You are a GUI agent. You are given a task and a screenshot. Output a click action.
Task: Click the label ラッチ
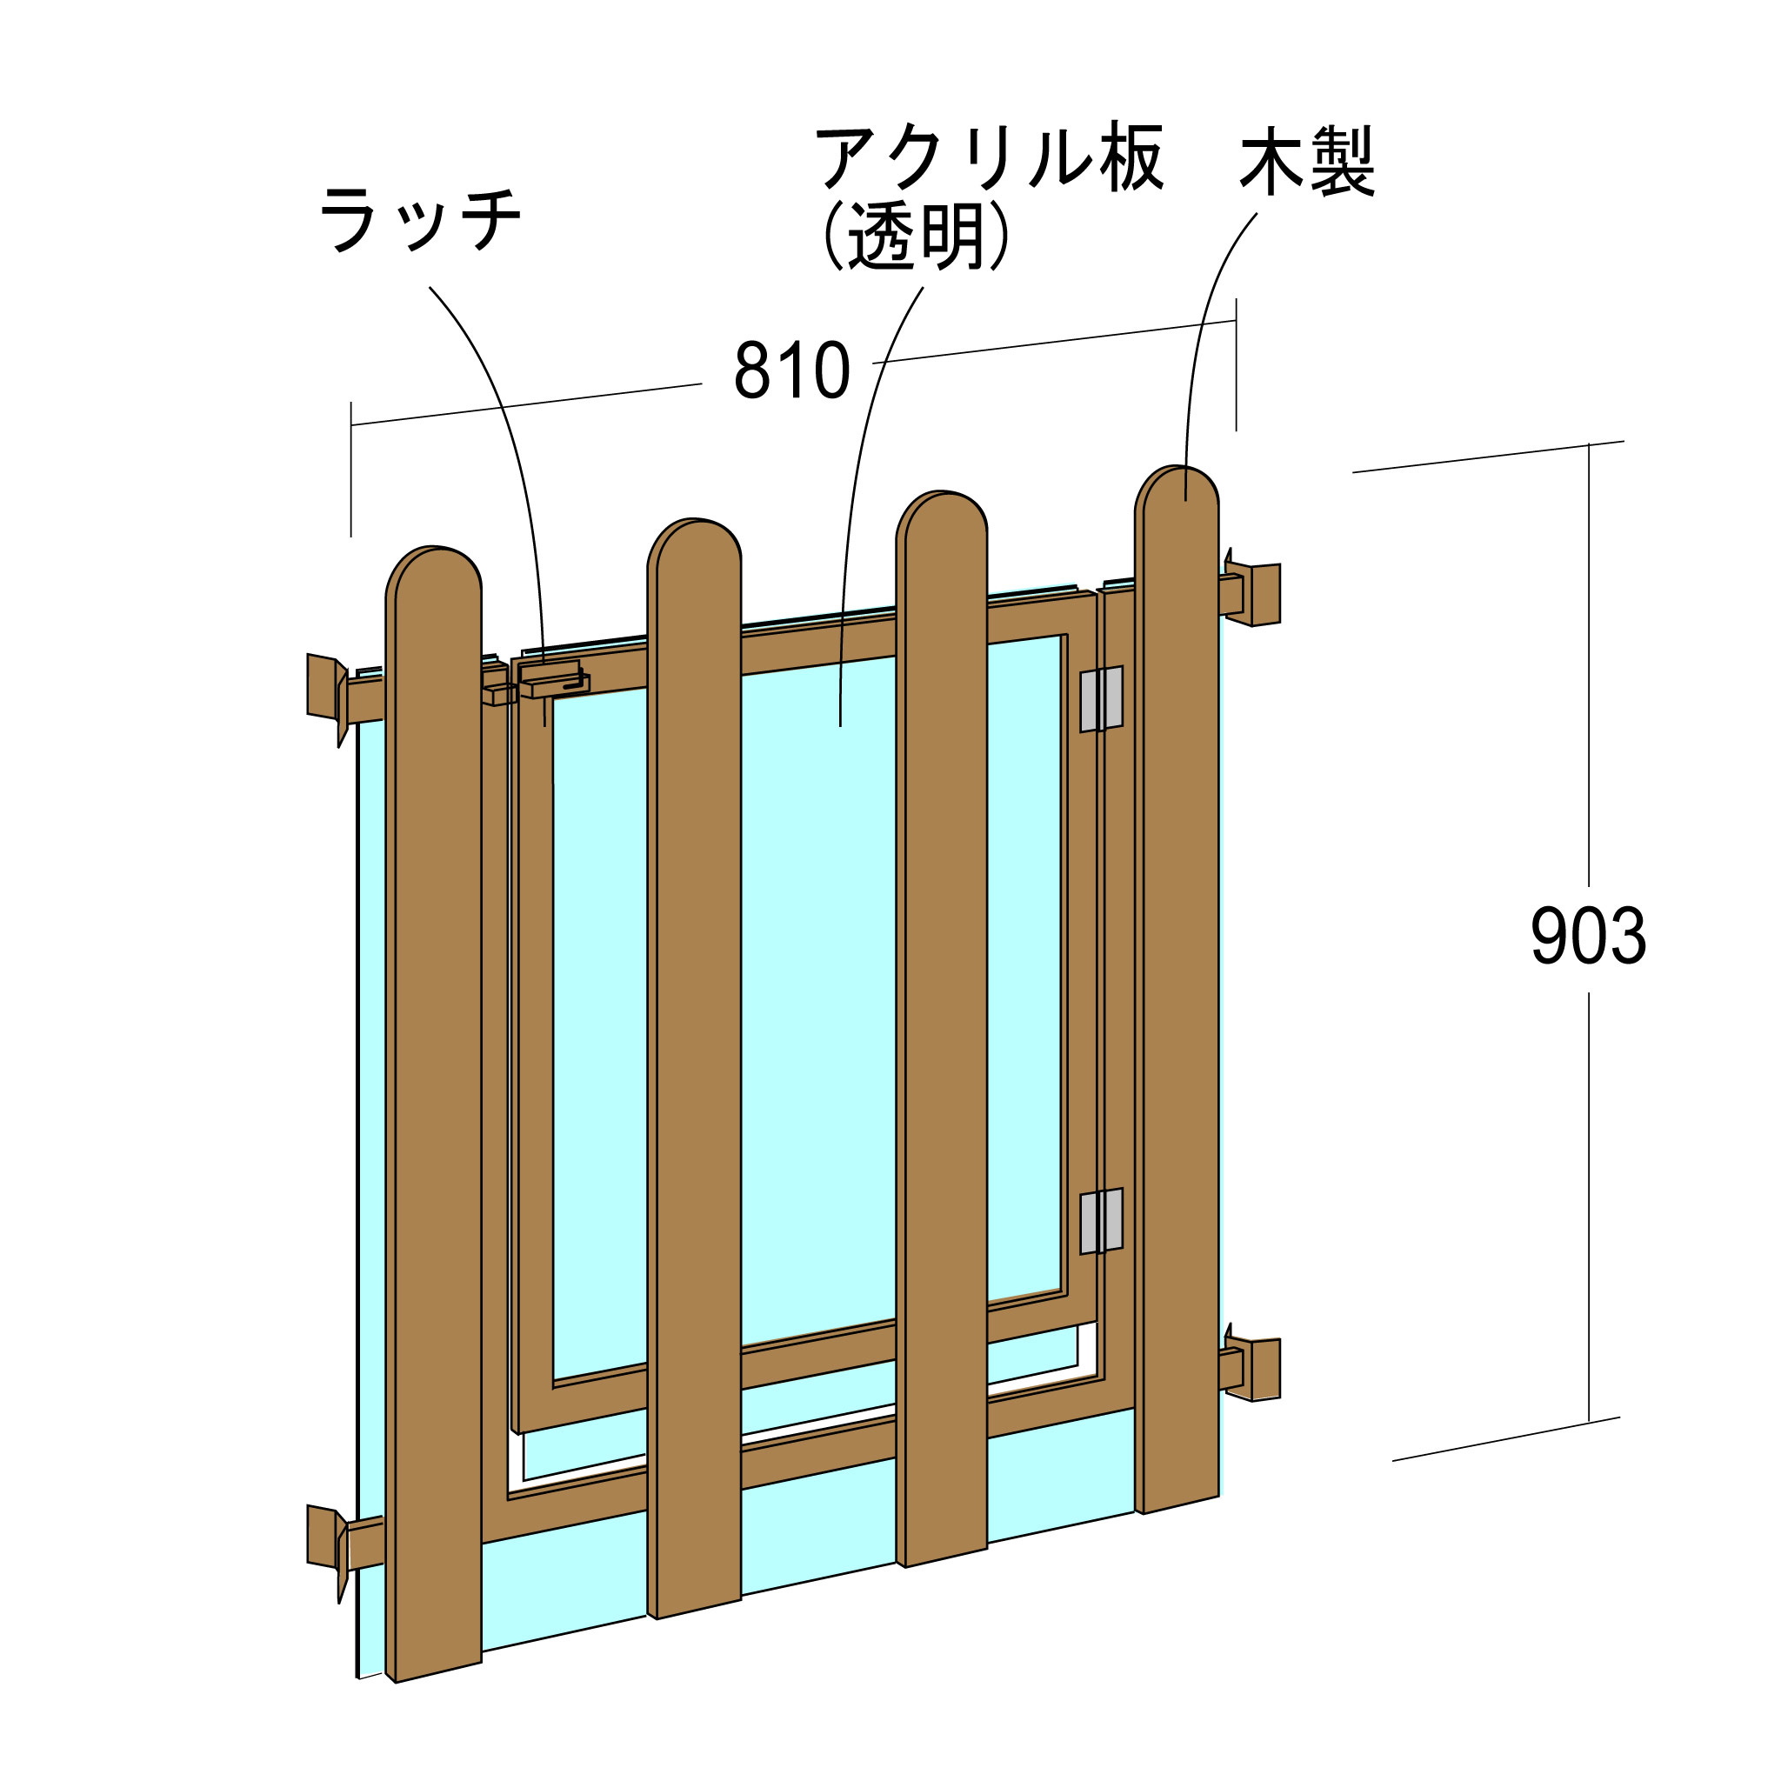point(420,218)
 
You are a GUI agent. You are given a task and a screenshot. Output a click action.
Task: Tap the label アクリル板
point(989,158)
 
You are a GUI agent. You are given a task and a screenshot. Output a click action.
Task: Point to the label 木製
point(1307,162)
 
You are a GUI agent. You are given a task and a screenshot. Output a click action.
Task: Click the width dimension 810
point(792,370)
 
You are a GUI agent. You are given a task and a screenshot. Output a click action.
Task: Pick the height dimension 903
point(1588,936)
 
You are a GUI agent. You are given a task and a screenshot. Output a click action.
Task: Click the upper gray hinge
point(1102,697)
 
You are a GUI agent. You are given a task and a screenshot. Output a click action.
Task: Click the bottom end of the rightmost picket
point(1177,1498)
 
